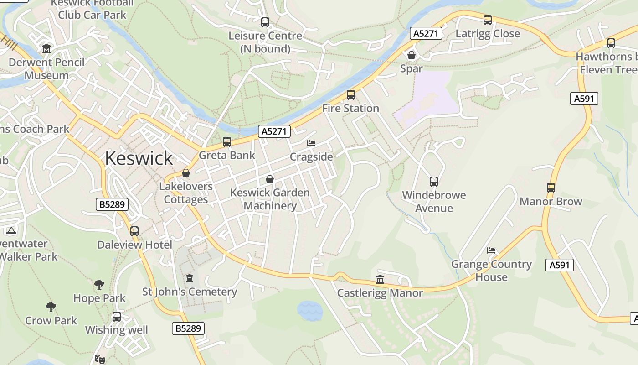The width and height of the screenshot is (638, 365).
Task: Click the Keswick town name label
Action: pos(139,158)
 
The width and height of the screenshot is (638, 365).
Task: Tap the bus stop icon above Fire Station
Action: pos(350,95)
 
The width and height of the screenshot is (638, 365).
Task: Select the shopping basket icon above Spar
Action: pos(412,55)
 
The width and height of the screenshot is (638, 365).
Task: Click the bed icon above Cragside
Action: pos(311,143)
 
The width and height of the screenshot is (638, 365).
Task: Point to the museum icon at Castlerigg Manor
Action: pos(380,279)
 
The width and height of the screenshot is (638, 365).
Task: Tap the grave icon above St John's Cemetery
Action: pos(190,278)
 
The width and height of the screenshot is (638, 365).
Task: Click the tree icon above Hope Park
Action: pos(99,285)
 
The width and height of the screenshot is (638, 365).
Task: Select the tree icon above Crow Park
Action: pos(51,307)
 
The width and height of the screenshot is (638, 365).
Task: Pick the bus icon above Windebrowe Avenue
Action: pos(433,182)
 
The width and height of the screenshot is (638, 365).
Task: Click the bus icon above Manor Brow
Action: pos(551,188)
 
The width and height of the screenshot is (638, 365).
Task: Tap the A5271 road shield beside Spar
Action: pos(426,33)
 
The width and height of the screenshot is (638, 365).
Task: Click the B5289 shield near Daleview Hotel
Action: pos(112,204)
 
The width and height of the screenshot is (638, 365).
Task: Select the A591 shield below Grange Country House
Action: pos(559,265)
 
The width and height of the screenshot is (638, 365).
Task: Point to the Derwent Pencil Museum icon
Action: pos(46,48)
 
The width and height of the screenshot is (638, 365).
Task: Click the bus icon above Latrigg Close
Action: pos(488,20)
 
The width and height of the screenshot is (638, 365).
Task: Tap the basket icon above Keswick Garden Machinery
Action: pos(270,179)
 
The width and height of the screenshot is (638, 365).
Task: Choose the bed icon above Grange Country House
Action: pos(491,250)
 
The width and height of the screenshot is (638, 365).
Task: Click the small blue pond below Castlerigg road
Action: pos(310,311)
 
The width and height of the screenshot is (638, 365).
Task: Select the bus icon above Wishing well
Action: pos(117,316)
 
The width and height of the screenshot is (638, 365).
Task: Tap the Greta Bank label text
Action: pos(227,156)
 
